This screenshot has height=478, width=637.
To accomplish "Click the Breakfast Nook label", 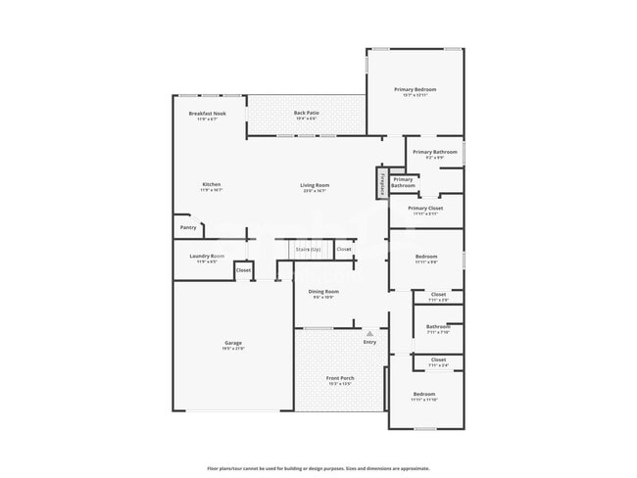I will point(208,114).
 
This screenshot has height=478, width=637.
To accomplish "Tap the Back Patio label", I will point(306,114).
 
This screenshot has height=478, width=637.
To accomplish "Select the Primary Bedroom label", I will point(415,90).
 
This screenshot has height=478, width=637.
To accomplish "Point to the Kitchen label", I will point(212,185).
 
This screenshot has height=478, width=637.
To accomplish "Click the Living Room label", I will point(315,185).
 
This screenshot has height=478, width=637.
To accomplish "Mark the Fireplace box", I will point(381,182).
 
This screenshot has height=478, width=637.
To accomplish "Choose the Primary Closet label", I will point(425,209).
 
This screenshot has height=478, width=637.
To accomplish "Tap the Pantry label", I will point(187,228).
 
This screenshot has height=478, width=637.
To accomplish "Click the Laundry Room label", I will point(206,257).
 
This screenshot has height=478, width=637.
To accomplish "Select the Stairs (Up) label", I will point(309,250).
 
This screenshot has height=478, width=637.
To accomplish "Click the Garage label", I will point(232,343).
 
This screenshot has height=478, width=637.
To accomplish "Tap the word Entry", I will point(369,342).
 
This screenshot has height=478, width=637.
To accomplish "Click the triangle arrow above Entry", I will point(369,333).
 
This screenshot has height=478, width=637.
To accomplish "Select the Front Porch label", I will point(340,378).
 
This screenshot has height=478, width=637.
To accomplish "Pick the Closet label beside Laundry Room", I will point(243,270).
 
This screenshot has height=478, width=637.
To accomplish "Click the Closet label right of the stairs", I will point(344,250).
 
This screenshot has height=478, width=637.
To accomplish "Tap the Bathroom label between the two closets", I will point(438,327).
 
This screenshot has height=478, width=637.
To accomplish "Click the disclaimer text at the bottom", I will point(318,468).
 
